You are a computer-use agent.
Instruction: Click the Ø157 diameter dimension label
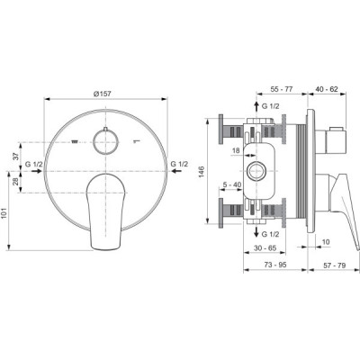coord(103,94)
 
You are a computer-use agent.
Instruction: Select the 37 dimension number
coord(16,156)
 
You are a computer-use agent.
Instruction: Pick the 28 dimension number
coord(16,182)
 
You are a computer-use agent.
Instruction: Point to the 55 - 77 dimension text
coord(281,89)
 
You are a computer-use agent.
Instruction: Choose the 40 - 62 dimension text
coord(327,89)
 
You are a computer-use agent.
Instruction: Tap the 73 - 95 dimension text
coord(275,265)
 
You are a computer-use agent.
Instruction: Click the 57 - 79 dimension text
coord(334,265)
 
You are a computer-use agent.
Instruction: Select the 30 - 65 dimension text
coord(265,247)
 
